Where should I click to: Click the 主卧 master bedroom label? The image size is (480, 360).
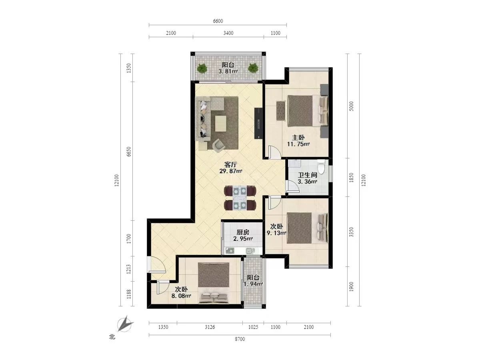coord(298,138)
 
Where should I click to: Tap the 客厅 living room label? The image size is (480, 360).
coord(230,164)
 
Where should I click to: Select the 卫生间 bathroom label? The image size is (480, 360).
coord(308,175)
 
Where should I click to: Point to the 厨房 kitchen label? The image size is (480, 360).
coord(243,232)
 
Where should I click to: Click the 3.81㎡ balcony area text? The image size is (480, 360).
coord(228,71)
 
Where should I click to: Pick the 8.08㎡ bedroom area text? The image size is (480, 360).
coord(181,296)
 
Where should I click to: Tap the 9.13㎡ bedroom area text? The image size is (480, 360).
coord(276,233)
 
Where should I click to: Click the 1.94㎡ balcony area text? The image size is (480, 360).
coord(253,284)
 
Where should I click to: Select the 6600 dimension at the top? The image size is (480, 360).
coord(218,21)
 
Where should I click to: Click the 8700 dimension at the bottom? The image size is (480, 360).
coord(240,339)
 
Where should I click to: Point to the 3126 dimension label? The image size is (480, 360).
coord(210,327)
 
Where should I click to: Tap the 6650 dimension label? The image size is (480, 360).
coord(129,152)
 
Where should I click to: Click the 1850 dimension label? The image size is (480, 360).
coord(351,178)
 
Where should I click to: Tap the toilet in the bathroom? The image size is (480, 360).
coord(321,166)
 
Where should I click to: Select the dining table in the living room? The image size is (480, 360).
coord(240,198)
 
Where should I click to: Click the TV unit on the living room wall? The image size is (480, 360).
coord(258,123)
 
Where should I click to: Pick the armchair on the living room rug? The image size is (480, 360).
coord(219,145)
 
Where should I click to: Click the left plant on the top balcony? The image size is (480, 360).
coord(202,68)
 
